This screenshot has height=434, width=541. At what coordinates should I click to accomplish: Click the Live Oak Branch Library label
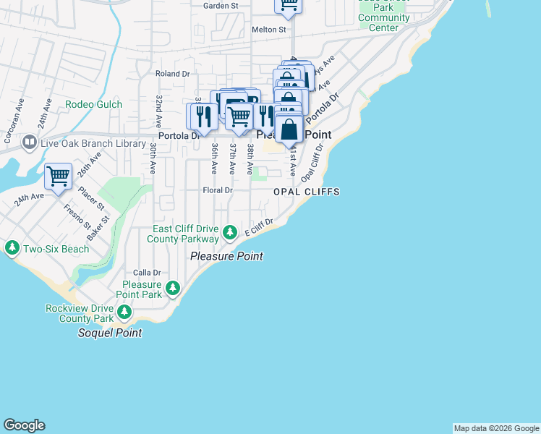94,144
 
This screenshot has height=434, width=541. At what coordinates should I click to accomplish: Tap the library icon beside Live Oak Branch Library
30,142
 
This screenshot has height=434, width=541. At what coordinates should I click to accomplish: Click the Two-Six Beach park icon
12,249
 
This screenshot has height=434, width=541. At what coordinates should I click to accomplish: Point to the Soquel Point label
110,333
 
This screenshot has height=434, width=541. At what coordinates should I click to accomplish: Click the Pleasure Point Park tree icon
172,289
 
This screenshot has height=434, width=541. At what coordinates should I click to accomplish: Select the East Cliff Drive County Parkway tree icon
229,233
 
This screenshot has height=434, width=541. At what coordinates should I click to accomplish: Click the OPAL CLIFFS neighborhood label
306,192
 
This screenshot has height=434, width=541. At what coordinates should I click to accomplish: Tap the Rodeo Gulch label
93,104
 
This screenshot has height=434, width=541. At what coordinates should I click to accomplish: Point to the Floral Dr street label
217,190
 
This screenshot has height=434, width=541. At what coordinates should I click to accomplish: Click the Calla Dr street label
145,272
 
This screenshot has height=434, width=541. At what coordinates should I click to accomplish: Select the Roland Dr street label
172,73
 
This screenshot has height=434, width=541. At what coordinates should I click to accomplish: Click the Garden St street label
221,6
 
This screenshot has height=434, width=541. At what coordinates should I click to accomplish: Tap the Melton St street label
269,30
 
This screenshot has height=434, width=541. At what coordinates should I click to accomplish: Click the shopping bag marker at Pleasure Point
289,131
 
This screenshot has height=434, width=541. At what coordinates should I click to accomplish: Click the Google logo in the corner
24,425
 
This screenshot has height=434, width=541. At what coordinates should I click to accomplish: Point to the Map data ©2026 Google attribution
496,428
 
